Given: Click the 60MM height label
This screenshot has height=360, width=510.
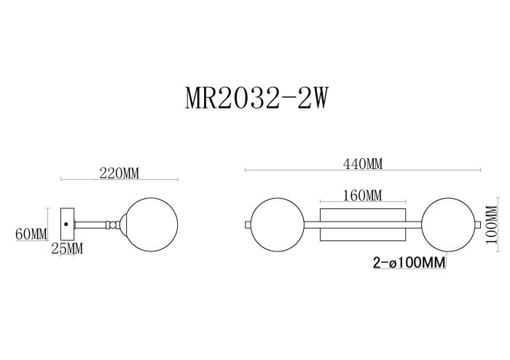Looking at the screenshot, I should coord(31,234).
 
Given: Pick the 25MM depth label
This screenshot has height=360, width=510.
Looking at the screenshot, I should coord(67,249).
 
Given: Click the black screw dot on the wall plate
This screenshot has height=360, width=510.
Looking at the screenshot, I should coord(66,224).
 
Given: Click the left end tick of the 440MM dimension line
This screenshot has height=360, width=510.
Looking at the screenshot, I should coord(246,171).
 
